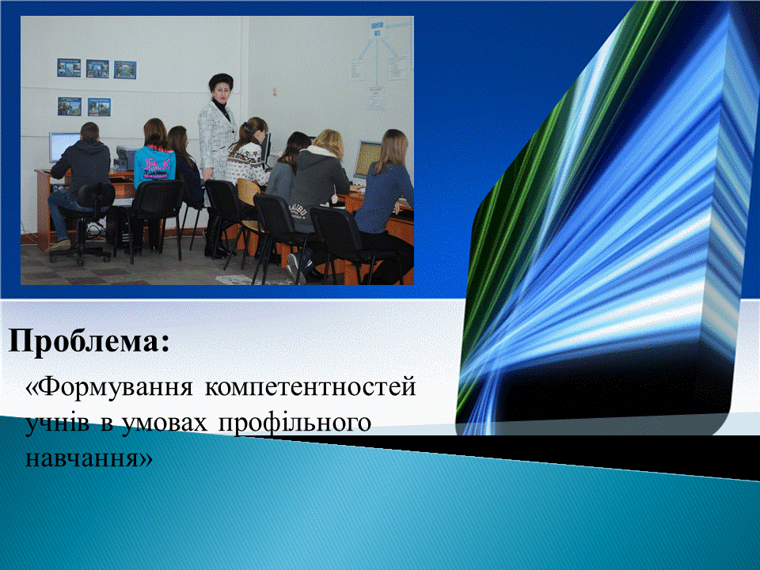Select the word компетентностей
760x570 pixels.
[x=310, y=387]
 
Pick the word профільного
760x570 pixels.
[x=294, y=423]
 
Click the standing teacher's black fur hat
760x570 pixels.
[x=221, y=82]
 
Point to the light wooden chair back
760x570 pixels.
[x=249, y=192]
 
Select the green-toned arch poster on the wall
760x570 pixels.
[x=125, y=70]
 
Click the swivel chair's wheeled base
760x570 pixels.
[x=81, y=254]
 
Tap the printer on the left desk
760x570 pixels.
[x=125, y=158]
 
